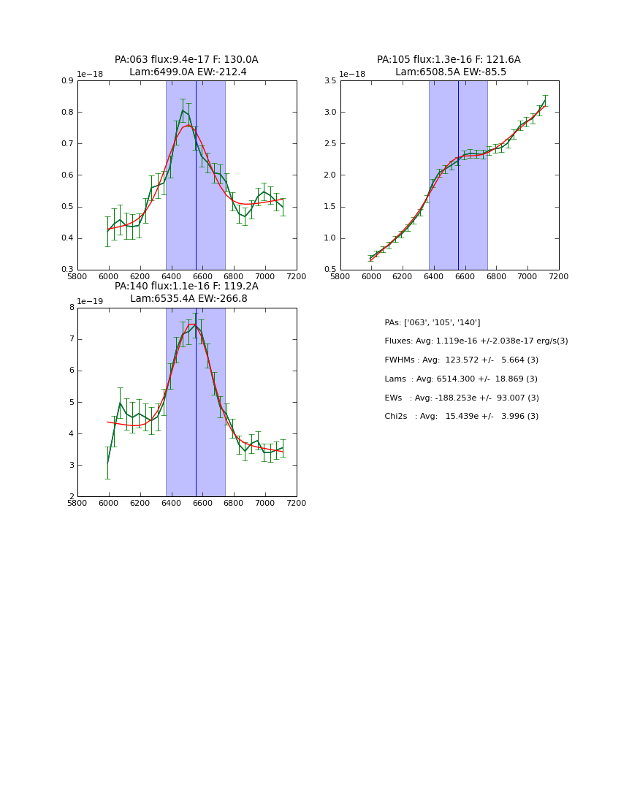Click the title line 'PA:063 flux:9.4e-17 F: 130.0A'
pos(186,60)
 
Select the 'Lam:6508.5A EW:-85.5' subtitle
pos(450,72)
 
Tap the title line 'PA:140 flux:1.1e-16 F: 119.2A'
pos(186,287)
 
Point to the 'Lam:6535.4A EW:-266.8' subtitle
pos(188,298)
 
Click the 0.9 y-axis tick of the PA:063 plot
pos(66,80)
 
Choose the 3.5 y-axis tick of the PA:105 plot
pos(329,80)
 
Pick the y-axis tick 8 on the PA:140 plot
pos(71,308)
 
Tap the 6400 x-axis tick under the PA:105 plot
pos(434,276)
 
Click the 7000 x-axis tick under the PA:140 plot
pos(265,503)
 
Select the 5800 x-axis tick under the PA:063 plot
pos(77,276)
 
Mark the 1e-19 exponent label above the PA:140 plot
pos(91,301)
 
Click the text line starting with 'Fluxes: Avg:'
pos(476,341)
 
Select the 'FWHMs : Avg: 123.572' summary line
pos(461,360)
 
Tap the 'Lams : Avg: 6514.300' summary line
pos(461,379)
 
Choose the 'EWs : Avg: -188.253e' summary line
pos(462,398)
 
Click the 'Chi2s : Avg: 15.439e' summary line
pos(462,417)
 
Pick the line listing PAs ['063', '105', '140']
pos(433,322)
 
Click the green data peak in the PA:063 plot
pos(183,110)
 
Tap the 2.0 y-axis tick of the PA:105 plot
pos(329,175)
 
